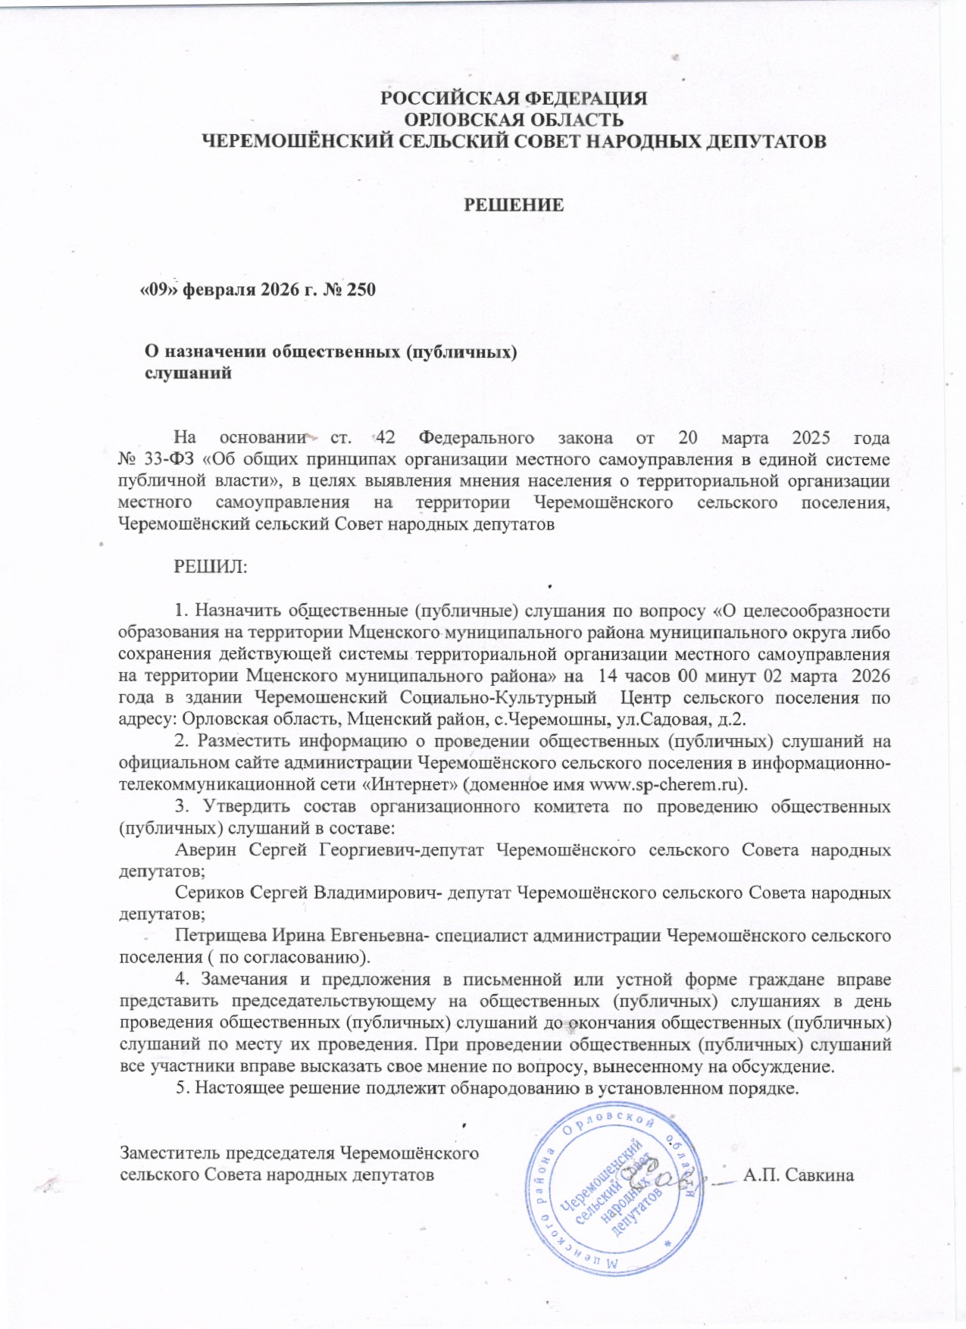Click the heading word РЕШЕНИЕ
[x=513, y=205]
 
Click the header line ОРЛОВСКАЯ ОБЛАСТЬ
[x=514, y=120]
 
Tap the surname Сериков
[x=209, y=893]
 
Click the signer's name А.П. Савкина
[x=799, y=1175]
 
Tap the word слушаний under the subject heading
[x=188, y=374]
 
